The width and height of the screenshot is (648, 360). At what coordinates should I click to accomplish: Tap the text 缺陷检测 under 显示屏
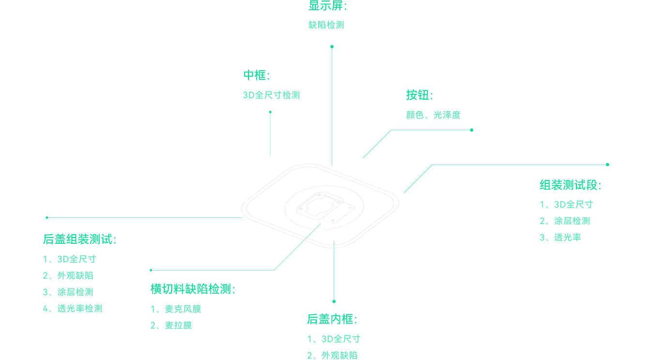click(326, 25)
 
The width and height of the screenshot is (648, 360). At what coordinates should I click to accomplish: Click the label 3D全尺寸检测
click(271, 95)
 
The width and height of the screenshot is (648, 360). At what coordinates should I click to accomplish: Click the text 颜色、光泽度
click(433, 115)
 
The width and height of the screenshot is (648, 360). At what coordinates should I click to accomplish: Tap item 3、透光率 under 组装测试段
click(560, 237)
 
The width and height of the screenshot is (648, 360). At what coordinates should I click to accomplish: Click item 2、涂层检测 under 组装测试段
click(565, 221)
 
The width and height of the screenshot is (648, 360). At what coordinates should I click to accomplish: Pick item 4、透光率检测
click(73, 309)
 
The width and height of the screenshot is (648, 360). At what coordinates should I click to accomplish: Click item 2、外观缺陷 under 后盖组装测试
click(68, 275)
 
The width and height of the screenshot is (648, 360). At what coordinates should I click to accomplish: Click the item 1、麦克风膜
click(176, 309)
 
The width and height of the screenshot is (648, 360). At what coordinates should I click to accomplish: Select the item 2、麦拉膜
click(171, 326)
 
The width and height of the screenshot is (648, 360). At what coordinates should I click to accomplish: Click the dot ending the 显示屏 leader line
click(332, 46)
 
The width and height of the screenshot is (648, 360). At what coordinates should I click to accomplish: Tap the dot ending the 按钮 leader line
click(471, 130)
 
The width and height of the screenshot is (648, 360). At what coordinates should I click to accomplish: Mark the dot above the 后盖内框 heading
click(334, 301)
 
